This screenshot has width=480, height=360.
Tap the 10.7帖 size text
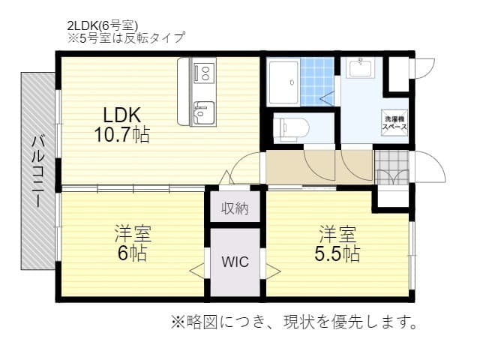(x=121, y=135)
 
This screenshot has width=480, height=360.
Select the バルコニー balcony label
(x=37, y=172)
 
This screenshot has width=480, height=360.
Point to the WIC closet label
(x=234, y=262)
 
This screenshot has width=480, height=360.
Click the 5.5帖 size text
(x=337, y=253)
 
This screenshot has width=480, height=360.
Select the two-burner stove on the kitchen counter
(x=204, y=73)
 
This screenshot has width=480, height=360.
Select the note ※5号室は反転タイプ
(x=125, y=37)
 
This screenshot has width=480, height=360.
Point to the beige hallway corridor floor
(x=319, y=167)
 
